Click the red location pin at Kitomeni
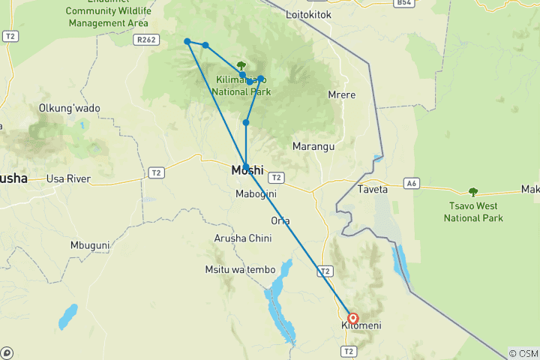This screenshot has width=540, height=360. (x=352, y=318)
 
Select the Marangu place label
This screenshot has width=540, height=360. (x=313, y=146)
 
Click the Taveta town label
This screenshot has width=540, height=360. (x=373, y=189)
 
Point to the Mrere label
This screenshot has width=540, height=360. (x=342, y=94)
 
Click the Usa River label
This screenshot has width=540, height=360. (x=68, y=178)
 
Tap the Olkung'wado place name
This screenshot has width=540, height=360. (x=70, y=108)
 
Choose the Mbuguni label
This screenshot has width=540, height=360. (x=90, y=245)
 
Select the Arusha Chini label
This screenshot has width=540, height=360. (x=243, y=238)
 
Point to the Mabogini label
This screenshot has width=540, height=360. (x=256, y=194)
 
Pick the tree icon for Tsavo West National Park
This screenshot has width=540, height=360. (x=472, y=192)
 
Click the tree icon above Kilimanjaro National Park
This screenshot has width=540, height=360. (x=241, y=66)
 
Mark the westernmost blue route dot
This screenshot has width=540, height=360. (x=187, y=41)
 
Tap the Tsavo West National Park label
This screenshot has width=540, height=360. (x=472, y=212)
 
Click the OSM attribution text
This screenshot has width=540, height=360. (x=523, y=353)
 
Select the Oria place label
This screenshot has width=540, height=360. (x=280, y=220)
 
